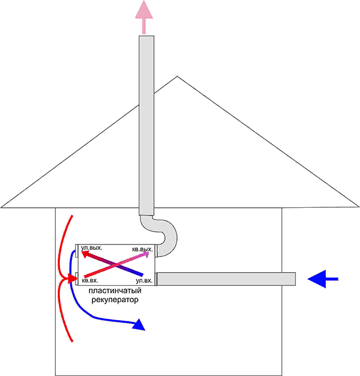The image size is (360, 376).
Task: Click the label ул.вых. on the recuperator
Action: (91, 247)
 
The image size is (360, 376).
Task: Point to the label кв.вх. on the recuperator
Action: (90, 280)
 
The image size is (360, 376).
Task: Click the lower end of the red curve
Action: (72, 341)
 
